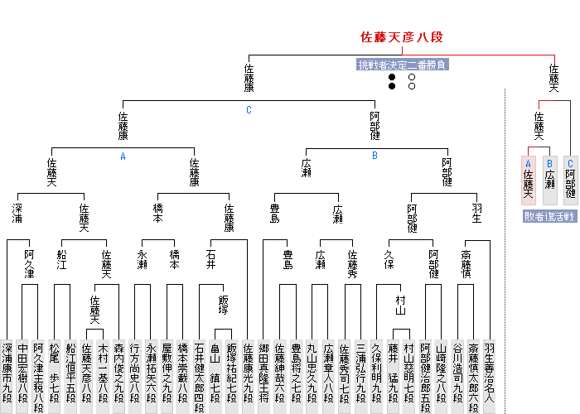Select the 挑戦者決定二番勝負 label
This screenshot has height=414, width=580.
pos(402,65)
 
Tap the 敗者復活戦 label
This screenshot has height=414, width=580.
pos(549,216)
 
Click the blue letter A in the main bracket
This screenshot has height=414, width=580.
pos(123,156)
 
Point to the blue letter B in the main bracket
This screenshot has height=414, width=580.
pos(375,156)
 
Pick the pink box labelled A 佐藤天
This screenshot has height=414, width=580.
pos(528,180)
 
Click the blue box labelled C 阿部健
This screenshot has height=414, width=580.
pos(570,180)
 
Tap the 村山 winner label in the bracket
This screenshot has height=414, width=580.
pos(401,304)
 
